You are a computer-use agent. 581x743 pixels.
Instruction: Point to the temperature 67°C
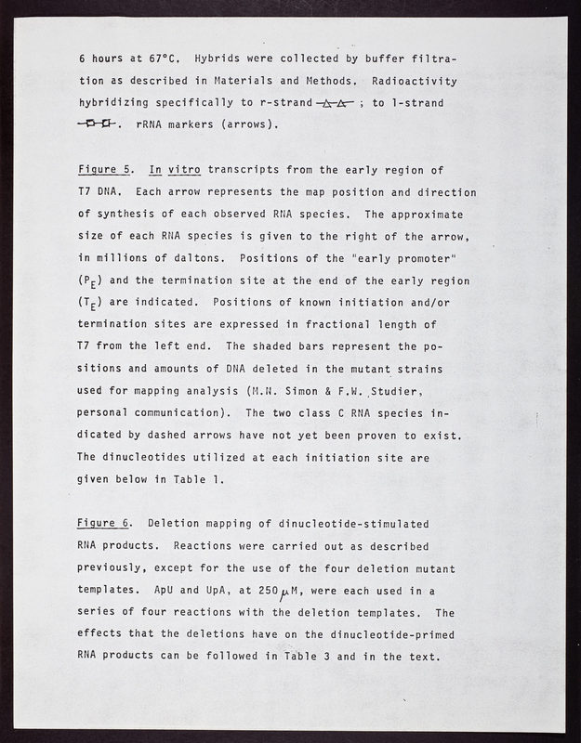[x=154, y=57]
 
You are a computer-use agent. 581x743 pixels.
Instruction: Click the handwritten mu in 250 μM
[x=324, y=592]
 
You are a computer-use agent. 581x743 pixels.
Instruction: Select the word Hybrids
[x=206, y=57]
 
